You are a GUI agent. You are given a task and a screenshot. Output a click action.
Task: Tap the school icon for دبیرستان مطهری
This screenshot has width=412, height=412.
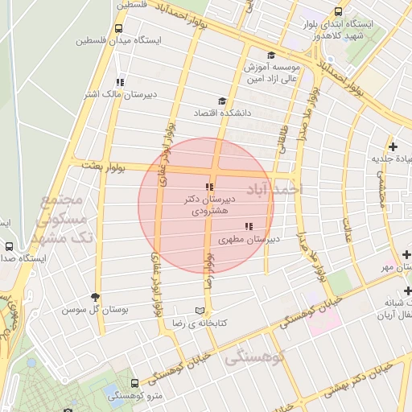click(248, 227)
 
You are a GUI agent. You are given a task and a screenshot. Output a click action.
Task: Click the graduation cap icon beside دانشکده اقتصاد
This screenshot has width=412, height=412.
click(222, 101)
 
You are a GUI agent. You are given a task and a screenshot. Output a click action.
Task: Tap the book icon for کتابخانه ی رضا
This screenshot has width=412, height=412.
click(200, 311)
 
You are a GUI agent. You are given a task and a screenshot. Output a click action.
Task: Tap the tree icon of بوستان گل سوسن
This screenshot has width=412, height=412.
click(96, 297)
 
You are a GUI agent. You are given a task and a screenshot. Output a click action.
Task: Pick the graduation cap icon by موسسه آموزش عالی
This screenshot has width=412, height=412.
click(271, 55)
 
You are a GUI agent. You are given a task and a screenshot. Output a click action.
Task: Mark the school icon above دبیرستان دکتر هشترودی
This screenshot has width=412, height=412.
click(210, 187)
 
